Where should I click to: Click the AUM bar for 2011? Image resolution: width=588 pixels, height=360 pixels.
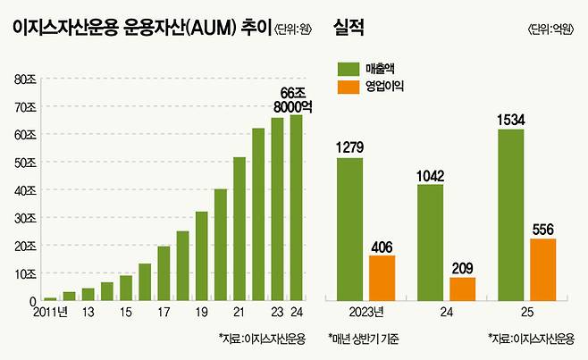[x=50, y=299]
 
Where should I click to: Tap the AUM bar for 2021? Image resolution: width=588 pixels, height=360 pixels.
[x=239, y=230]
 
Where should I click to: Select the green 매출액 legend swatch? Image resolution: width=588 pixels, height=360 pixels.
[x=349, y=68]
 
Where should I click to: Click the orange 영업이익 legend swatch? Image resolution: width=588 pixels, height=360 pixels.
[x=349, y=88]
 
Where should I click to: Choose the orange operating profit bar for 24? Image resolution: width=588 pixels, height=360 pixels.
[x=463, y=289]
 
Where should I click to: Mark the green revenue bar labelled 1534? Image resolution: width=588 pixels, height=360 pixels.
[x=510, y=215]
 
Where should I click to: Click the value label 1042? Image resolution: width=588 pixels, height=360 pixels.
[x=431, y=175]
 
